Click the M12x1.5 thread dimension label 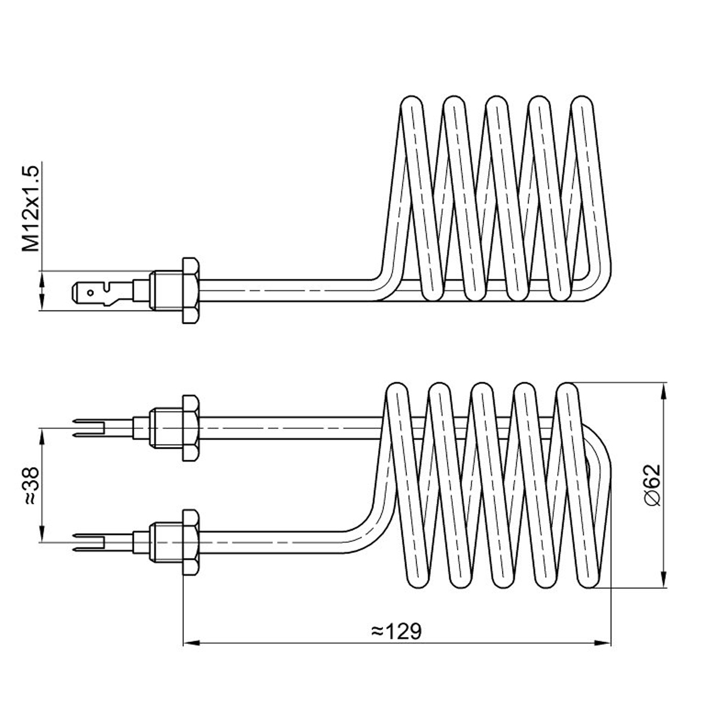31,209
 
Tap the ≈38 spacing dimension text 31,486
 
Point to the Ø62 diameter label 652,485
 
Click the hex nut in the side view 190,290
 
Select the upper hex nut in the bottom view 190,428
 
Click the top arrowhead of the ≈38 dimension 42,437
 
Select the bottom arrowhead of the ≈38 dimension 42,534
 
